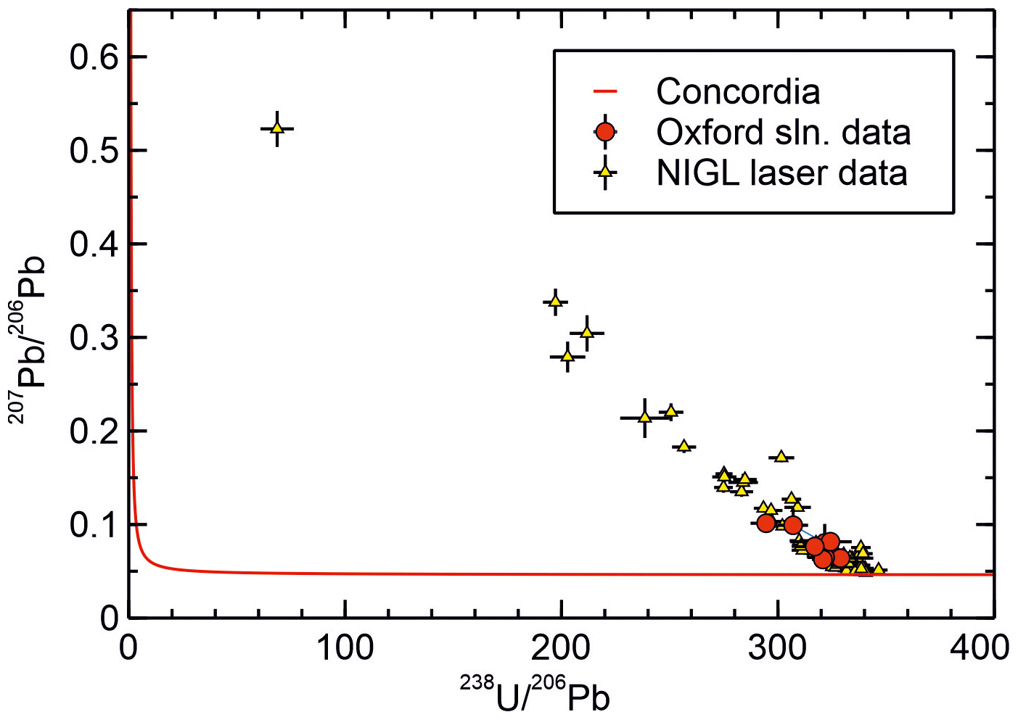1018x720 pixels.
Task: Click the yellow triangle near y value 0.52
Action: [276, 128]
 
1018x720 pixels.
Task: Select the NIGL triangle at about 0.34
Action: [555, 301]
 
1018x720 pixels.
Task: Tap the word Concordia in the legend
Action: [738, 91]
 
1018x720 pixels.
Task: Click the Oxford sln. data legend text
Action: [783, 132]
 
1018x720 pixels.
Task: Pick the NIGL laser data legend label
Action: [781, 173]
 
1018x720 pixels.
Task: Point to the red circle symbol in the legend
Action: [604, 132]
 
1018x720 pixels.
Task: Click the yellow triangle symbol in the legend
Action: [604, 173]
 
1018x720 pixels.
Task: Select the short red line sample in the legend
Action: [604, 91]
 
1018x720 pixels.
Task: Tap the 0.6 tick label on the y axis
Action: [94, 57]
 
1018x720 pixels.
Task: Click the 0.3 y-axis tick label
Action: [94, 338]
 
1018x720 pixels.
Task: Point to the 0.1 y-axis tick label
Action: [94, 525]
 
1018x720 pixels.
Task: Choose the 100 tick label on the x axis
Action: [345, 647]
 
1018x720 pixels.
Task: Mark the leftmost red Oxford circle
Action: [765, 523]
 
